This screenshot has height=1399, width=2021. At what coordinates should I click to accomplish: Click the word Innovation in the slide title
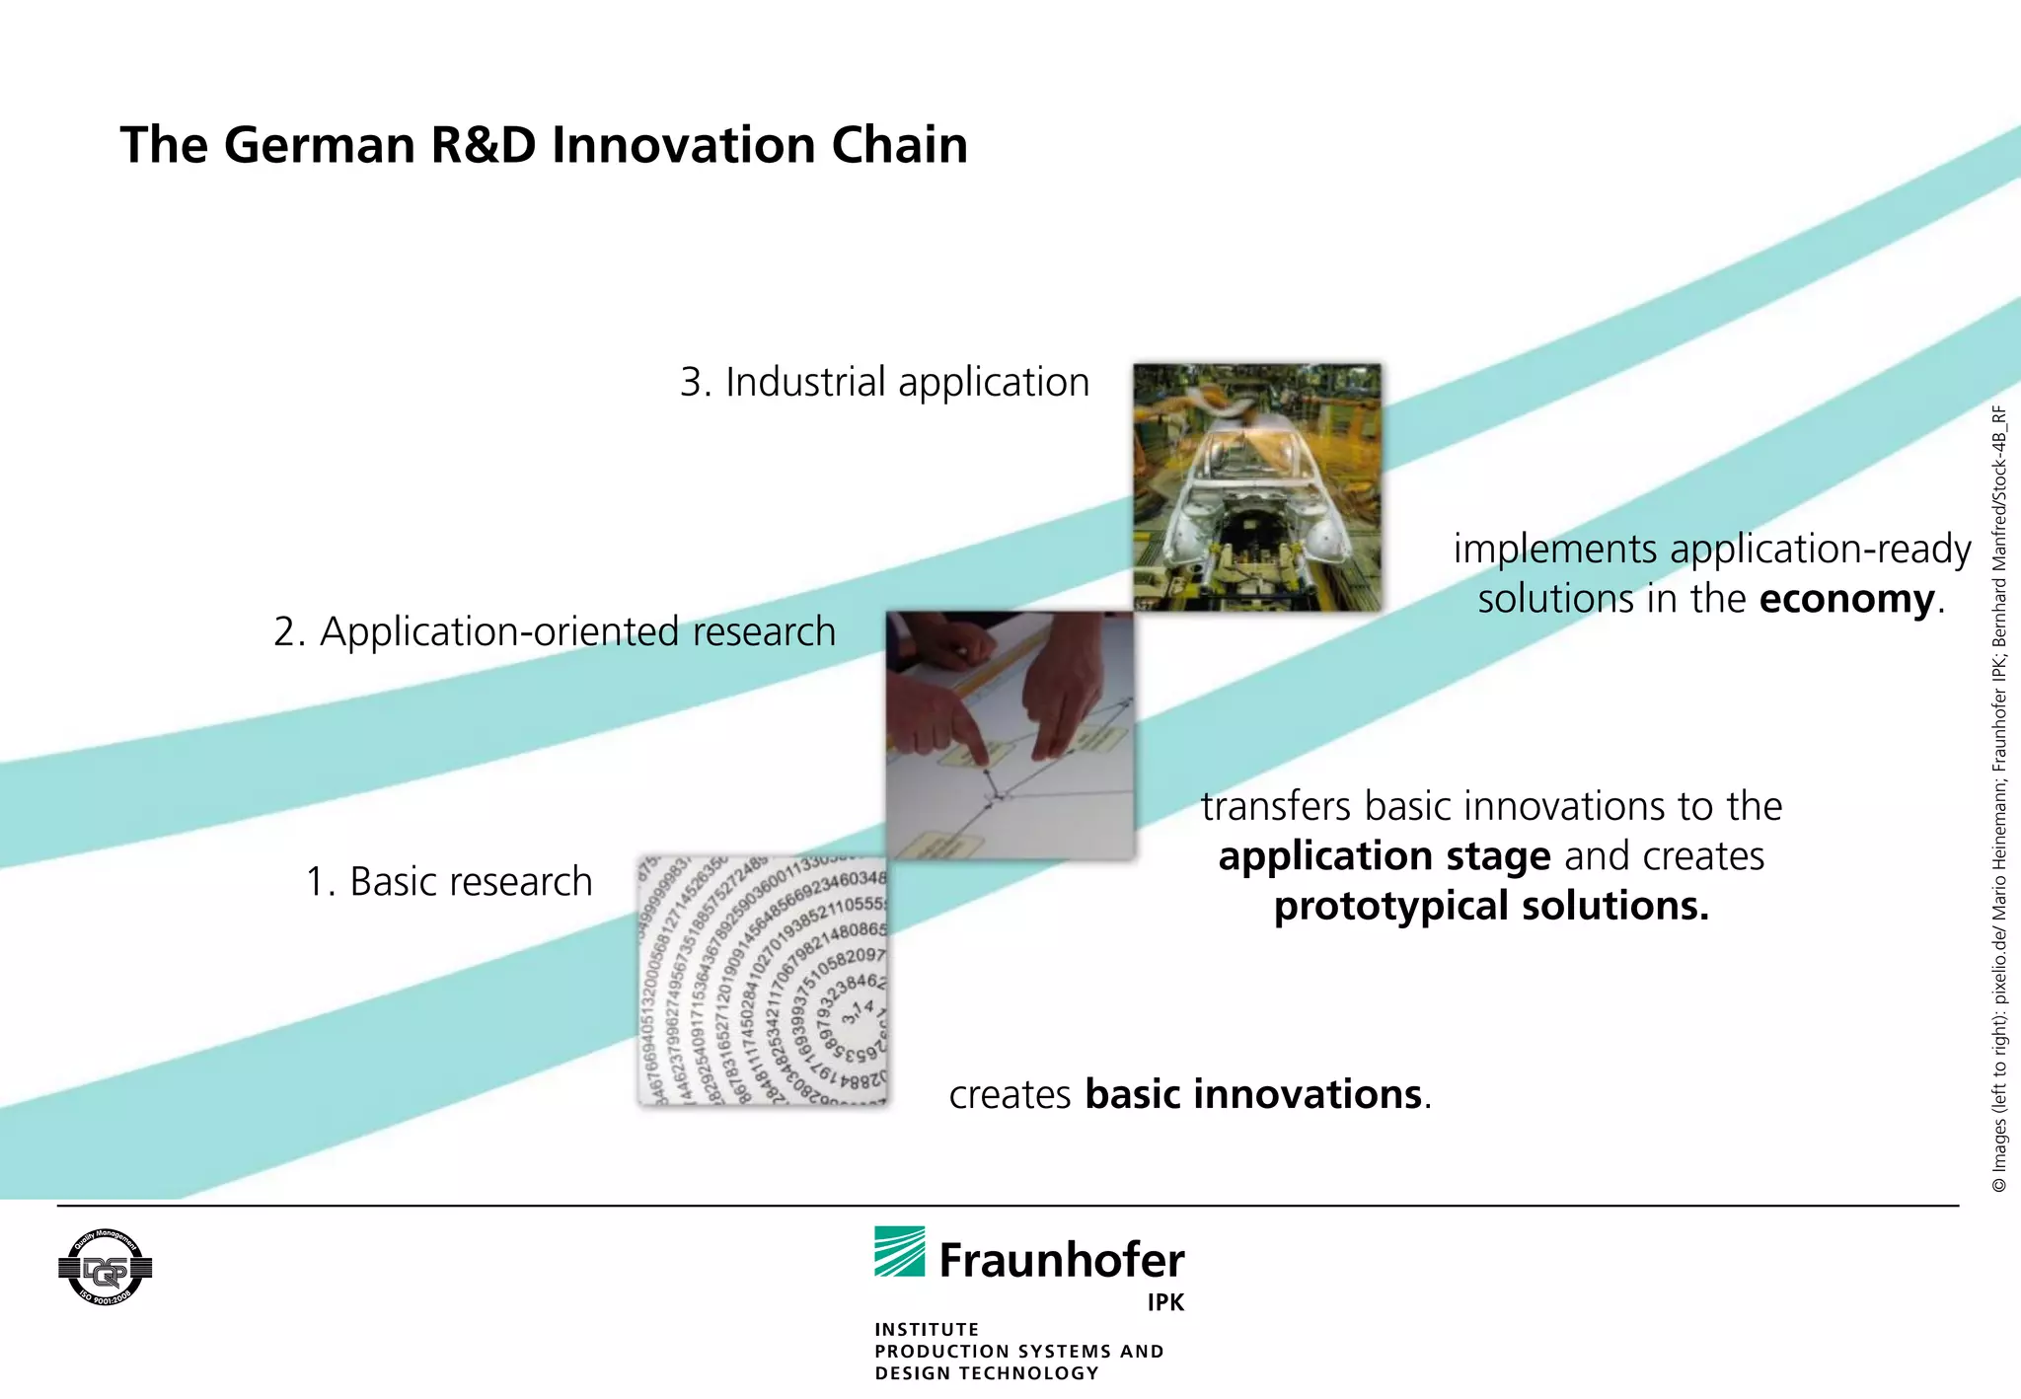683,146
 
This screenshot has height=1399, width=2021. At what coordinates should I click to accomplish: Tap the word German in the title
320,146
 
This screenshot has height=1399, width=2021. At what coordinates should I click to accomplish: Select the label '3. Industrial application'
884,383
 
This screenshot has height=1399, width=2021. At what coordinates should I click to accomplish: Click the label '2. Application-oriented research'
555,632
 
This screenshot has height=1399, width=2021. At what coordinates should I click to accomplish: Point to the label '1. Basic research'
449,882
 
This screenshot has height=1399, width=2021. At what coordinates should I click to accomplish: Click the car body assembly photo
1256,487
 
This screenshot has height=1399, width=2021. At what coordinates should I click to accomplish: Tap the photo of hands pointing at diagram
1010,735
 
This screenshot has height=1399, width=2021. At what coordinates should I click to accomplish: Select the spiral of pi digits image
763,982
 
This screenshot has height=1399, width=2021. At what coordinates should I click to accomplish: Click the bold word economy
1846,600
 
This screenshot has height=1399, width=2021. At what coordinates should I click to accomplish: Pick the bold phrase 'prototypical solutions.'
1491,907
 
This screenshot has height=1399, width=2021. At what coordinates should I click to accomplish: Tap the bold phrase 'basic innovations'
1253,1095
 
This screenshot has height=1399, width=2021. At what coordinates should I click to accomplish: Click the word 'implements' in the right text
1555,550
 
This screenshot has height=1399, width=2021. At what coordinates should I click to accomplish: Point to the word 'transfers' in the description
1275,807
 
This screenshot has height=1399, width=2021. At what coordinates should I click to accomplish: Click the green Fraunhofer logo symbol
899,1252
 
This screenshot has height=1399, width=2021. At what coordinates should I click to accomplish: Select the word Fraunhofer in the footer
1062,1261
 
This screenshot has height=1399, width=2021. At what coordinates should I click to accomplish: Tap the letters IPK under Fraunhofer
1165,1303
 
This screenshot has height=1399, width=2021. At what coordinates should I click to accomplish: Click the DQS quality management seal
105,1268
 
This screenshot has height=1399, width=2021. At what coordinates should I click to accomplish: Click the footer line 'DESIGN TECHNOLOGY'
987,1373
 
